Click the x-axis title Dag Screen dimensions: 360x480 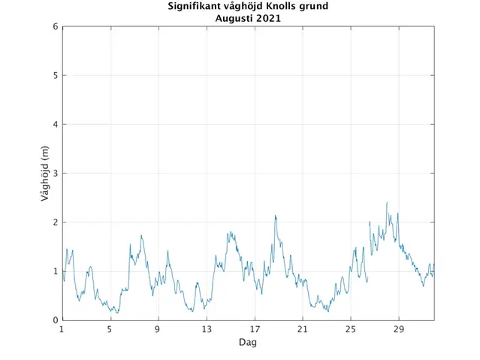click(248, 342)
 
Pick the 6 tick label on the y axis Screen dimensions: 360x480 click(55, 27)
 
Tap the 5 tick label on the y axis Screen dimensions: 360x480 click(55, 76)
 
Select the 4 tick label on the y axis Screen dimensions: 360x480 click(55, 125)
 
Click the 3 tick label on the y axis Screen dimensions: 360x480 click(55, 174)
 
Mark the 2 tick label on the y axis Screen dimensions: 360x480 click(55, 222)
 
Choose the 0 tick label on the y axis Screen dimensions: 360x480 click(55, 320)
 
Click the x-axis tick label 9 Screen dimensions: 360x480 click(158, 329)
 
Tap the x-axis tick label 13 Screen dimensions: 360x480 click(206, 329)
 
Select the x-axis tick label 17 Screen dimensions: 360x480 click(255, 329)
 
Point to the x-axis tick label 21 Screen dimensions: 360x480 click(303, 329)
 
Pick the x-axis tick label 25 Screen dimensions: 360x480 click(351, 329)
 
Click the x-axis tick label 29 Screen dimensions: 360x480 click(399, 329)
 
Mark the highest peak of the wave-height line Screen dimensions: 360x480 click(387, 202)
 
